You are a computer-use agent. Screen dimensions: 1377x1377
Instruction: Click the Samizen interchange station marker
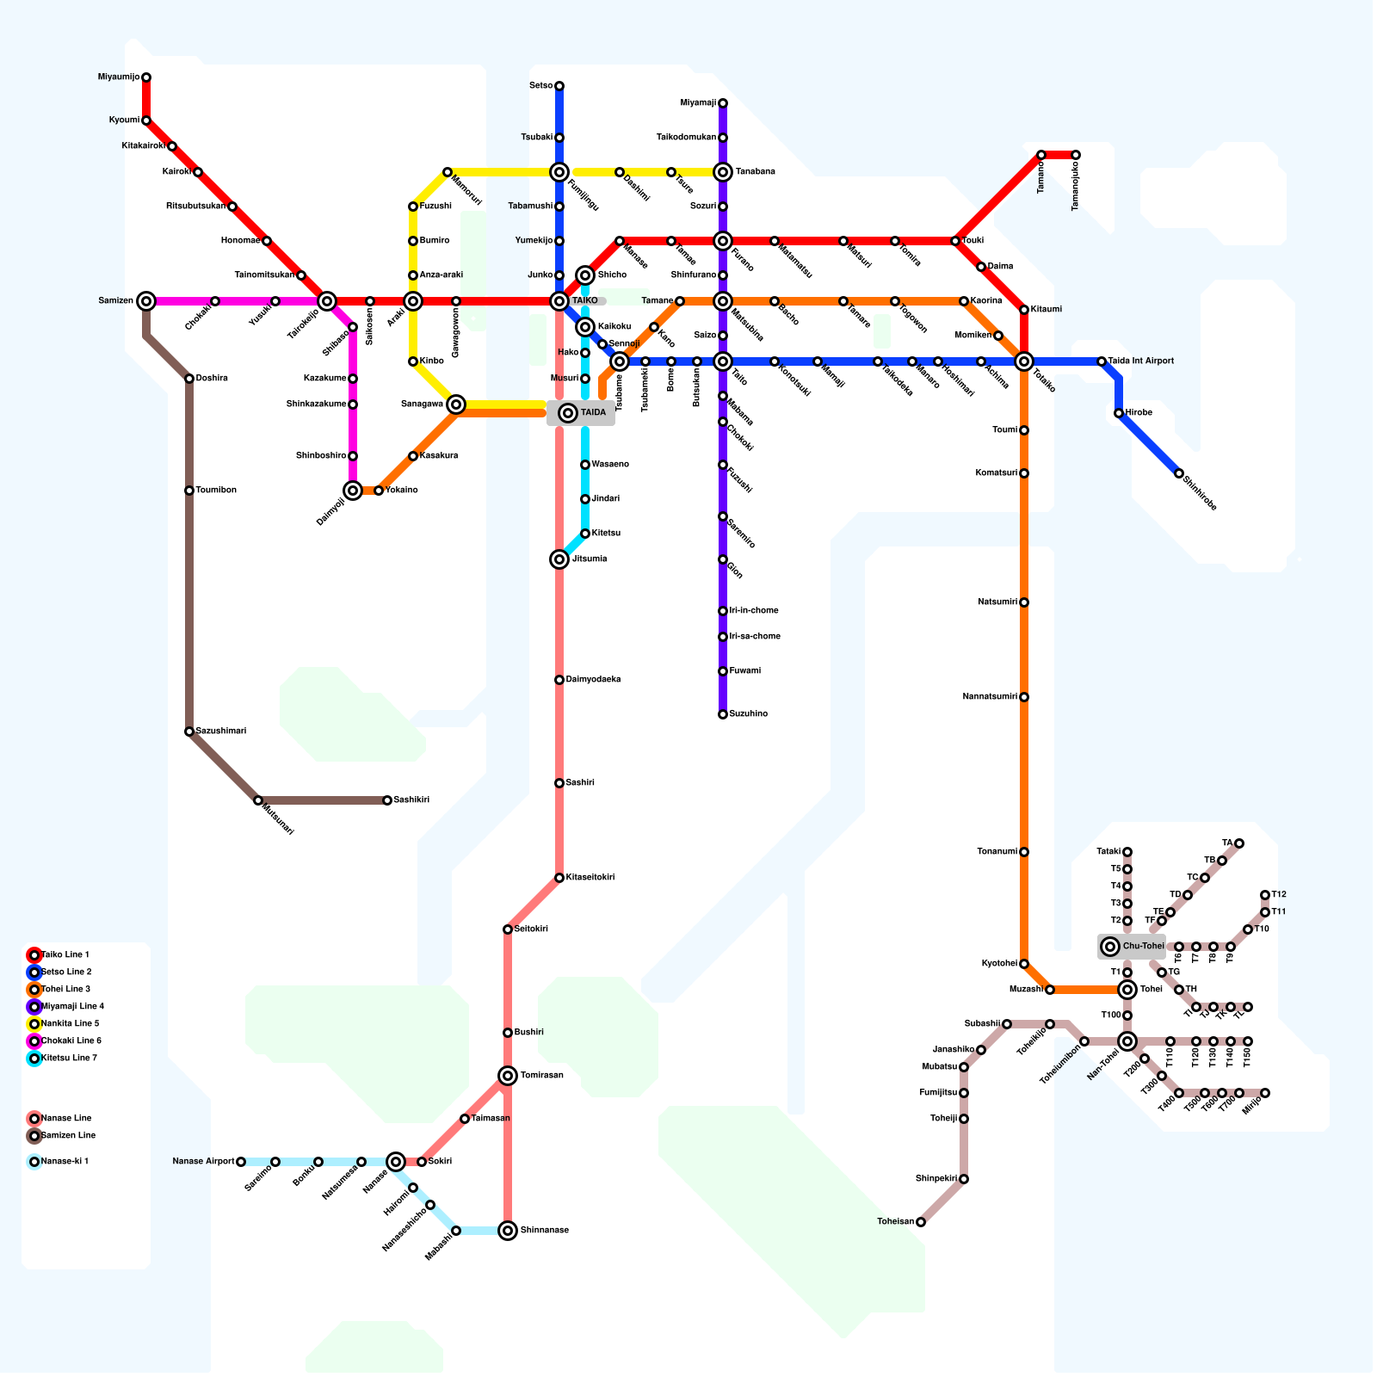point(146,301)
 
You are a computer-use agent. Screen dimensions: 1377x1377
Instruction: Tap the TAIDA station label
point(593,413)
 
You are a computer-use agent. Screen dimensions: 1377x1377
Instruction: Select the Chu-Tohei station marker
point(1110,947)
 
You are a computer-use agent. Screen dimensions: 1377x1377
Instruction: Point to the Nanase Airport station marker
point(241,1162)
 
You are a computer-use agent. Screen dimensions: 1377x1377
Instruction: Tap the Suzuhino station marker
point(723,714)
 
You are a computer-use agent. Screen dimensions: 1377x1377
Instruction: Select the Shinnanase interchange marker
point(508,1231)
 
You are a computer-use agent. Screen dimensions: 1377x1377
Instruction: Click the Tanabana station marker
point(723,172)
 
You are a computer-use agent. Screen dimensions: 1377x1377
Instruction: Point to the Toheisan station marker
point(921,1222)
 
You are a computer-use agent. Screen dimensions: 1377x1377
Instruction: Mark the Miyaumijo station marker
point(146,77)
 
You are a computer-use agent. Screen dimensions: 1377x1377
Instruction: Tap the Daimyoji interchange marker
point(353,491)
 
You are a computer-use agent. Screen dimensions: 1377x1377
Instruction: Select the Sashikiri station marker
point(387,800)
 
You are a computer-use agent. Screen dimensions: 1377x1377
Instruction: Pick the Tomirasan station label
point(542,1076)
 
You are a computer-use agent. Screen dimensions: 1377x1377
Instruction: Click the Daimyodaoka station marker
point(559,680)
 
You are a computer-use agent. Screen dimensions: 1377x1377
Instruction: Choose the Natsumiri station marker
point(1024,602)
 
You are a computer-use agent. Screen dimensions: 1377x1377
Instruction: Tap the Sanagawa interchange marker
point(456,404)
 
